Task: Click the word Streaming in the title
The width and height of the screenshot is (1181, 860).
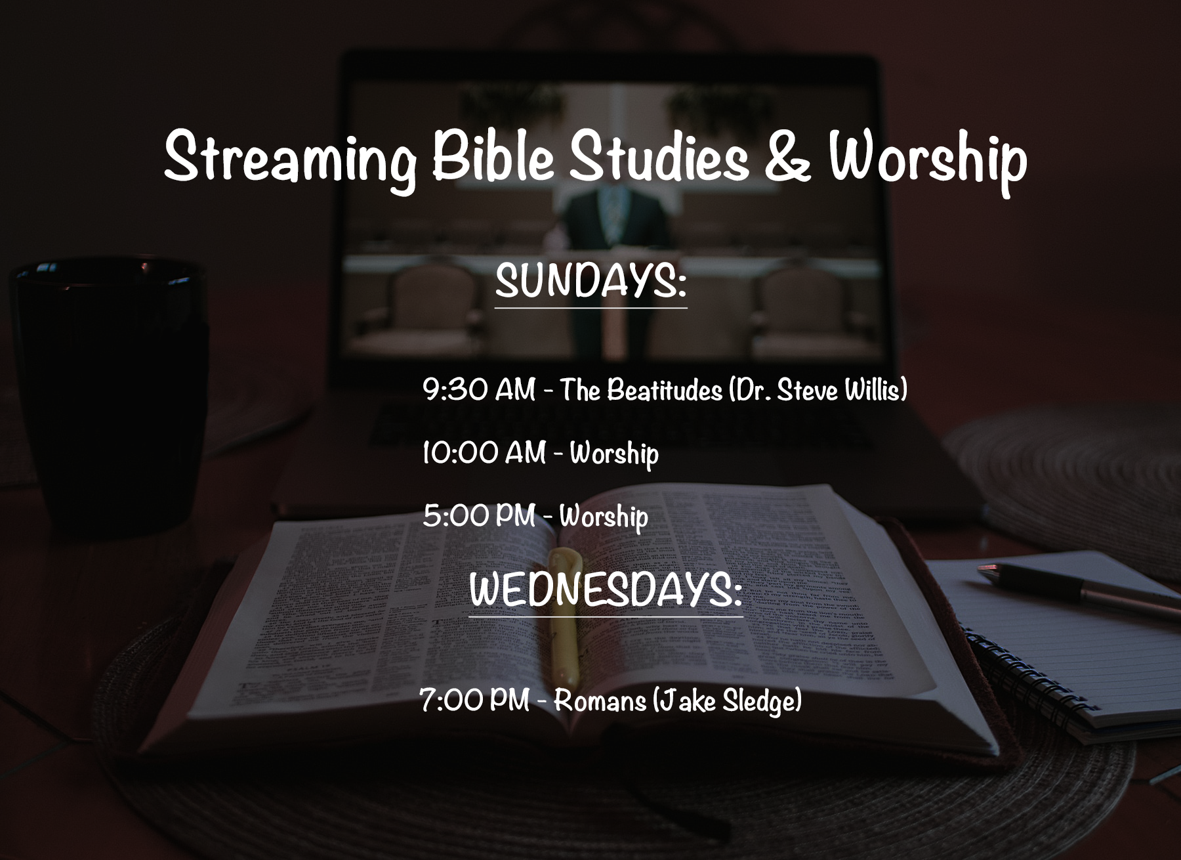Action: coord(289,158)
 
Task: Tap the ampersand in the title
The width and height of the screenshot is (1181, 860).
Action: coord(787,158)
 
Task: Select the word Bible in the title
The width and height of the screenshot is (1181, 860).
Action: coord(493,158)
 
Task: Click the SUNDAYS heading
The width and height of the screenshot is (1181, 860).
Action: coord(590,281)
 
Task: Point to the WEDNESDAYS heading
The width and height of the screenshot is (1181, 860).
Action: coord(605,589)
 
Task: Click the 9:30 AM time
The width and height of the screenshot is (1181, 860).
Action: coord(479,390)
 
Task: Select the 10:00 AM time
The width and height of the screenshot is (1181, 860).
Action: coord(484,453)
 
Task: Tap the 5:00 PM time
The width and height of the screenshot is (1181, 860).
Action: coord(479,516)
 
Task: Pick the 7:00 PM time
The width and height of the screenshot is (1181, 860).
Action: coord(474,700)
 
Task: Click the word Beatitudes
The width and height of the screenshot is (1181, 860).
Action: coord(664,391)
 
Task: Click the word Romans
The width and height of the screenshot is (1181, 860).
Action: coord(600,701)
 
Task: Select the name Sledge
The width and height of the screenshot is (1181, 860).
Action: coord(761,701)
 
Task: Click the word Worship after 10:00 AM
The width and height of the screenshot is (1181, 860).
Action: coord(614,454)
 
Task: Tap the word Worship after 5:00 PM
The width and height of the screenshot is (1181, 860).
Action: coord(604,517)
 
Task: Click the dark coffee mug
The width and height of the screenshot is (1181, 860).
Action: coord(108,394)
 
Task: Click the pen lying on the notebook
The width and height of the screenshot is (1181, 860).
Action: coord(1076,588)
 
